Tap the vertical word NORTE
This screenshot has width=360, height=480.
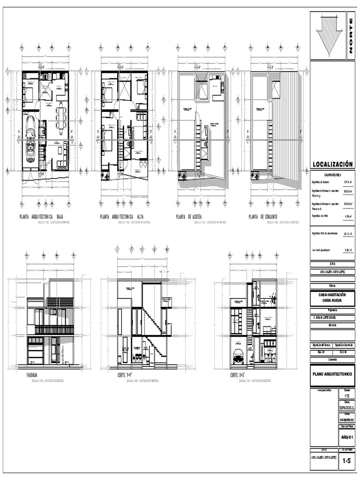[351, 36]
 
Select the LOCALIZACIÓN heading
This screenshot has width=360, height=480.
[332, 164]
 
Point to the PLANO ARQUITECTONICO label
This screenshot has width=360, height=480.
[332, 374]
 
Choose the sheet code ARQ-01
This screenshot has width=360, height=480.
[347, 437]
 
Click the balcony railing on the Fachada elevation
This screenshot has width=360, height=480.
[54, 330]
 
